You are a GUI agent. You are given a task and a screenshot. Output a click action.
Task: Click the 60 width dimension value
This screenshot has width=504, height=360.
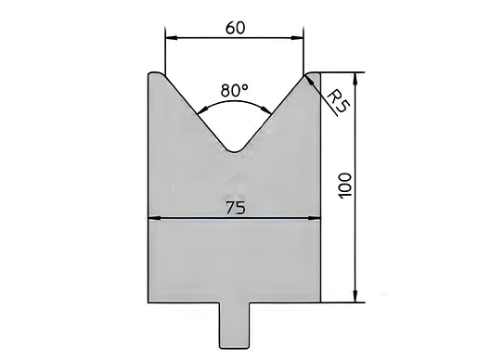235,27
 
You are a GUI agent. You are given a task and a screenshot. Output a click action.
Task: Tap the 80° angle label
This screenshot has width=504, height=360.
235,91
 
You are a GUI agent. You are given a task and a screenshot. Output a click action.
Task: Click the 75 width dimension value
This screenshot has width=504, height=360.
235,209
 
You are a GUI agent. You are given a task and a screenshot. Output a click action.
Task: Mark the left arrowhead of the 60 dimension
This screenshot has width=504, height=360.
170,37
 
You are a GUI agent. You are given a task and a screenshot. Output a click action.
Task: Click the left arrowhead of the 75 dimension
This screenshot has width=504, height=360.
154,219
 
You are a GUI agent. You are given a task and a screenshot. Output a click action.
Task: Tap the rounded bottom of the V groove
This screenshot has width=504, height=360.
235,149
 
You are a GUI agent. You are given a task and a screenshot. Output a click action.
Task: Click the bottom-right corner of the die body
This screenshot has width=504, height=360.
320,302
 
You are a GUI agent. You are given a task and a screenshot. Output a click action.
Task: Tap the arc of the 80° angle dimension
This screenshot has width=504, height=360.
235,105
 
